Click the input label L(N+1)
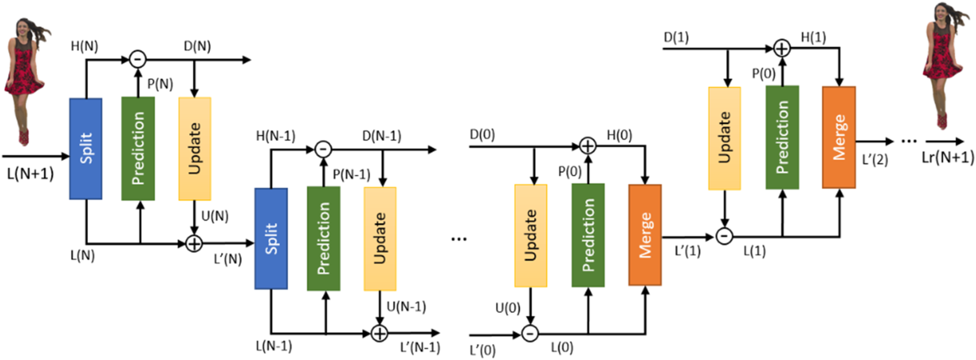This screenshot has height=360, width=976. coord(30,174)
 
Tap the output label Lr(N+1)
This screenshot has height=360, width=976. coord(947,157)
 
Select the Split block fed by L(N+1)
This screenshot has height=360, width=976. coord(86,148)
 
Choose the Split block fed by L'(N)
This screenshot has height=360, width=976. coord(271,238)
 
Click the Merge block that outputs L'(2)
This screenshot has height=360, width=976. coord(838,137)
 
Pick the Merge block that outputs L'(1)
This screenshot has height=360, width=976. coord(645,235)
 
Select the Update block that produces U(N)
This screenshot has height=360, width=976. coord(195,148)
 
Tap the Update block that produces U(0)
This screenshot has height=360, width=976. coord(531,235)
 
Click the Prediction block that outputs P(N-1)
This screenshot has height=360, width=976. coord(323,238)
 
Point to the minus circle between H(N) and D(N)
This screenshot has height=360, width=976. coord(137,60)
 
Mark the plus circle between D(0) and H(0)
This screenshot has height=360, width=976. coord(588,146)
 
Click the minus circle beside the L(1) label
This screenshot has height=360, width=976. coord(724,236)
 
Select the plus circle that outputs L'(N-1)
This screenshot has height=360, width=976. coord(379,334)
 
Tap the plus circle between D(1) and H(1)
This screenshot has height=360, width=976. coord(781,48)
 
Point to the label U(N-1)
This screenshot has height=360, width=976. coord(406,307)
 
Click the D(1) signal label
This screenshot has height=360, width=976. coord(676,37)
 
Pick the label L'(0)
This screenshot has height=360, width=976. coord(482,351)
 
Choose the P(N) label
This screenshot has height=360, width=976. coord(160,84)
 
